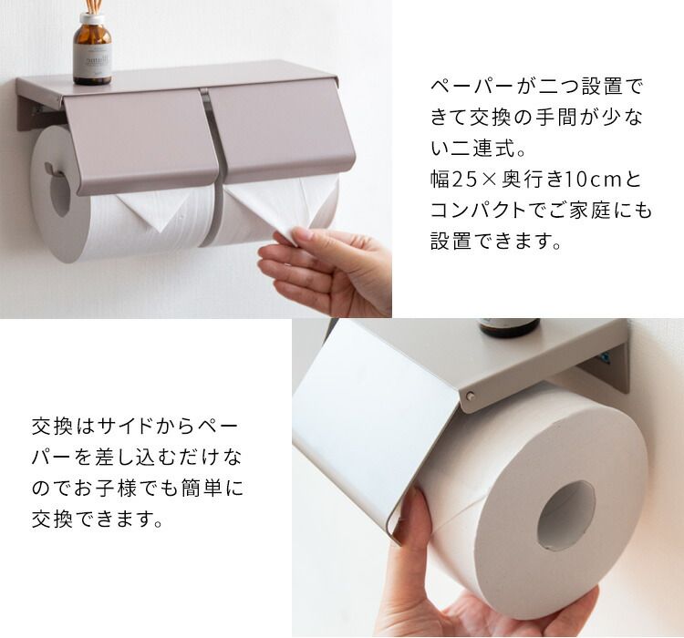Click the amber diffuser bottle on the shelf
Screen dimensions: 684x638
92,49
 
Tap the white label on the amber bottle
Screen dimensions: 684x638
92,61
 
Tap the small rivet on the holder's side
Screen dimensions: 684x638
470,396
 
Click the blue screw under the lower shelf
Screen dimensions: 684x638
604,359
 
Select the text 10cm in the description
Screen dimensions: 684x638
593,180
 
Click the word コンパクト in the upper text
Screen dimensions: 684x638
477,211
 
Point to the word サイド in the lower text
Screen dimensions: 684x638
124,426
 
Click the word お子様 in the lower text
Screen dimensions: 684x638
106,488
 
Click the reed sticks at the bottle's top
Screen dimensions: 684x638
92,6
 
